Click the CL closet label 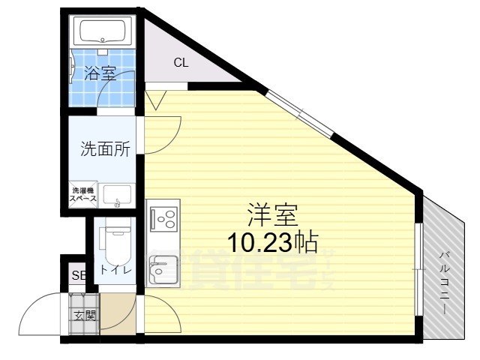[x=181, y=62]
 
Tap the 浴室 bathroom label [x=100, y=73]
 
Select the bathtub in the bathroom [x=104, y=31]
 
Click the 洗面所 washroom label [x=106, y=148]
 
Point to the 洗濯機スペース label [x=83, y=195]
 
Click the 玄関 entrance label [x=83, y=315]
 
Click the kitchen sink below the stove [x=162, y=268]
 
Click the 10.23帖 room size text [x=272, y=242]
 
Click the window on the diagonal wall [x=300, y=113]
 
